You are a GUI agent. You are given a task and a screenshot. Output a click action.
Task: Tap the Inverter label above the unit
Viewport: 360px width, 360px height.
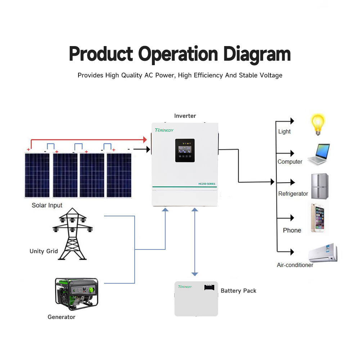coord(185,116)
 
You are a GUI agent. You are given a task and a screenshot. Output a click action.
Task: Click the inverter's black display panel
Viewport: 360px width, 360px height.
coord(185,150)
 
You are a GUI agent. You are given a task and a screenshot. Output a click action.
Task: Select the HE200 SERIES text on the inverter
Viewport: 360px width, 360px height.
coord(207,184)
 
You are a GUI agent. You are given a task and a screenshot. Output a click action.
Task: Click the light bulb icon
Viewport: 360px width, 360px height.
coord(318,125)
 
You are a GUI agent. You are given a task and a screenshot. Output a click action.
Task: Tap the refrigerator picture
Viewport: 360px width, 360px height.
coord(320,186)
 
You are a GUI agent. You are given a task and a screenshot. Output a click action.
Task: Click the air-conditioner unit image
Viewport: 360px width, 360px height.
coord(323,253)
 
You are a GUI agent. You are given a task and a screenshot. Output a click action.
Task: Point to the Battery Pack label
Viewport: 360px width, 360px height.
coord(238,291)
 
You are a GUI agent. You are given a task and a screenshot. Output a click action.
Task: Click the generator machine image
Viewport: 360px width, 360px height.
coord(76,294)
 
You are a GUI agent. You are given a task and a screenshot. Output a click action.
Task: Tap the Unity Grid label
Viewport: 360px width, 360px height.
coord(44,251)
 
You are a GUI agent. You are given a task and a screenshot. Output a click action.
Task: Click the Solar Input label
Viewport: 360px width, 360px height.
coord(47,206)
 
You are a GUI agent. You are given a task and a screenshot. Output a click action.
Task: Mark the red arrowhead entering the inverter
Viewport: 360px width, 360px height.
coord(145,139)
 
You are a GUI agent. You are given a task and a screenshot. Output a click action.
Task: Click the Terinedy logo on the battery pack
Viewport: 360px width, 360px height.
coord(185,287)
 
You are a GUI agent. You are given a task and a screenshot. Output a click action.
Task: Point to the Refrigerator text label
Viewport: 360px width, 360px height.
coord(293,194)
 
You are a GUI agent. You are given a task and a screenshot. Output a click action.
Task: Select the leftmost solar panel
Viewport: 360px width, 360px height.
coord(37,175)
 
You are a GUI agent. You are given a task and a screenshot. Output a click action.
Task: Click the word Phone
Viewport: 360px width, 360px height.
coord(292,230)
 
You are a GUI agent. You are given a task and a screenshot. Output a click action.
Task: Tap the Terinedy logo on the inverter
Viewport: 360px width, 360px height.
coord(164,130)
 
